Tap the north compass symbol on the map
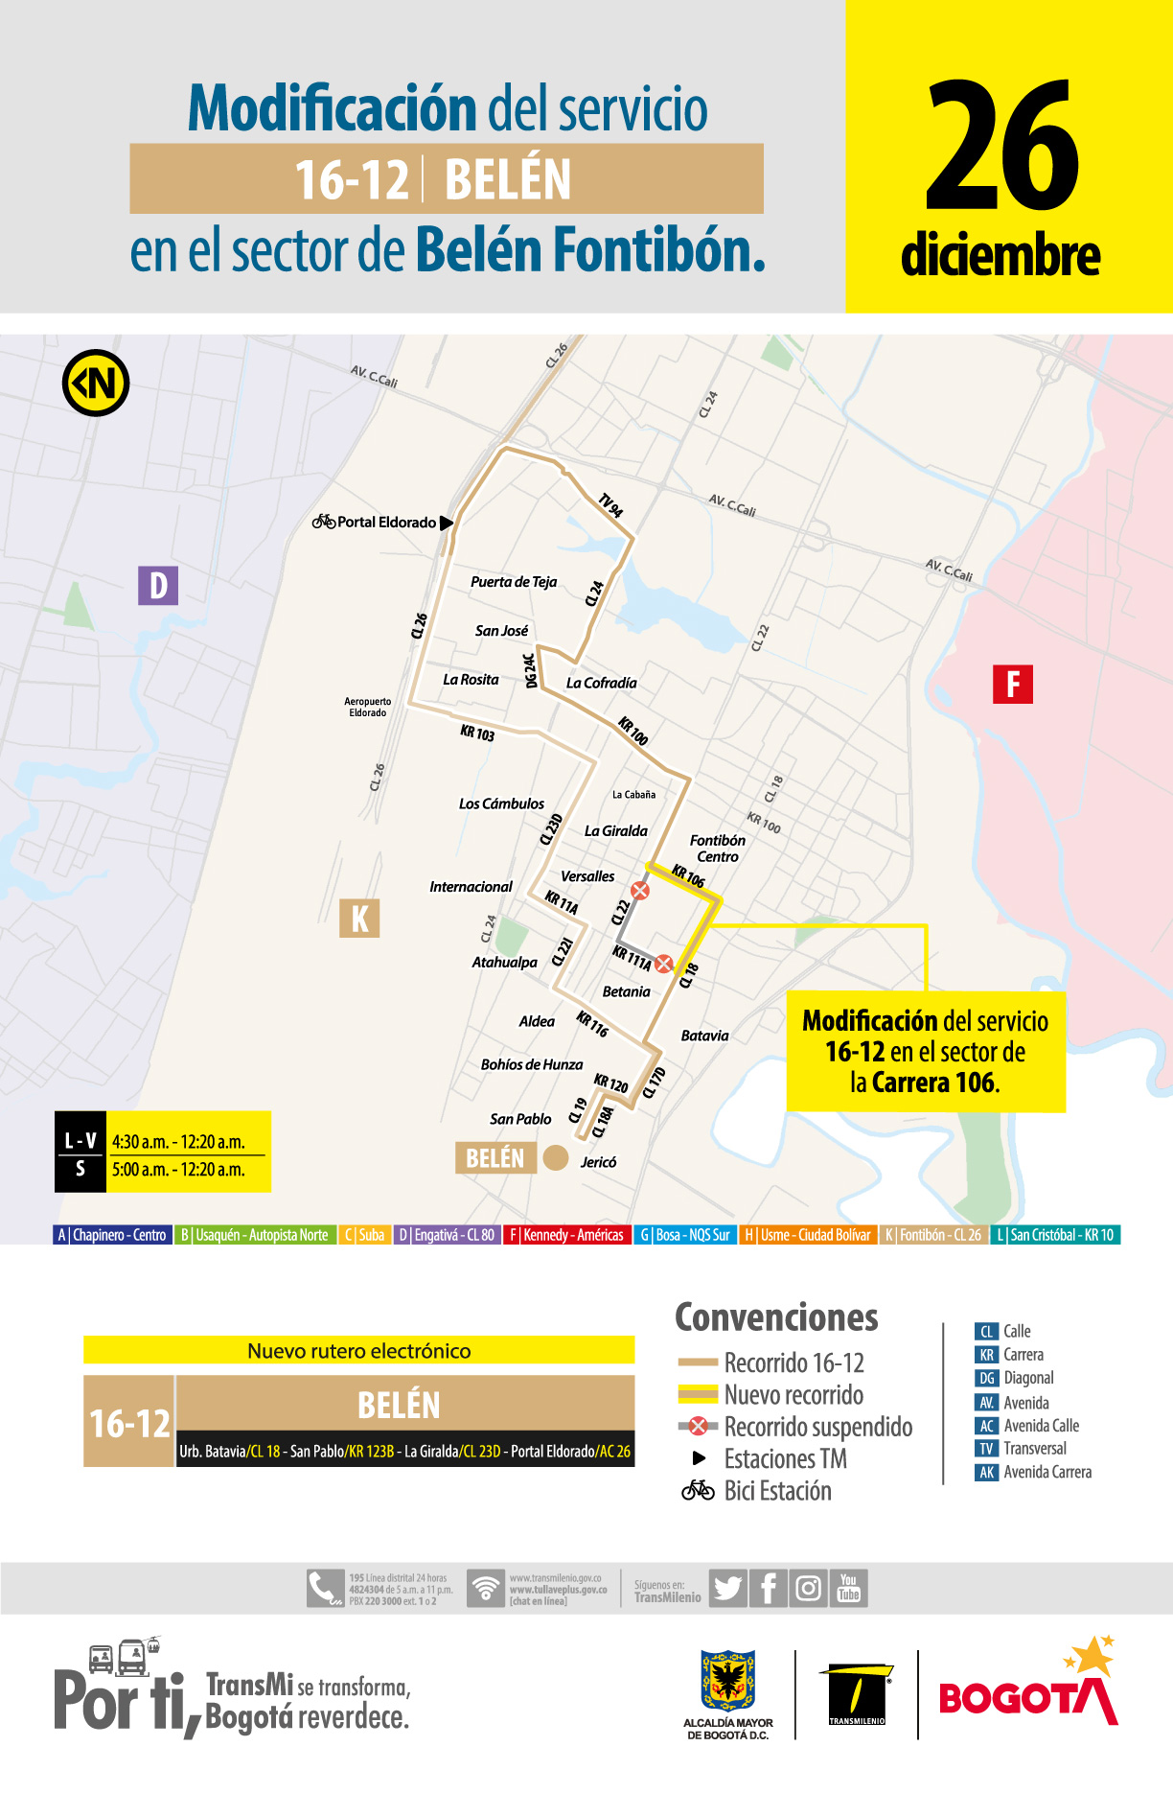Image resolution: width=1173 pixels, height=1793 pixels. [x=96, y=384]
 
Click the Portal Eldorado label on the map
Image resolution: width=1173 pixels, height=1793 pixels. [x=386, y=523]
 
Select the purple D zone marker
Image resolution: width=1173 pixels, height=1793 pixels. [x=158, y=585]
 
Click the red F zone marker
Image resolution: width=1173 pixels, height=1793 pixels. [x=1012, y=685]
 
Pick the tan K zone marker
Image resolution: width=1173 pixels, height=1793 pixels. [x=359, y=919]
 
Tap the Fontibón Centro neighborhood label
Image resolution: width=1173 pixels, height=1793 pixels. [x=717, y=849]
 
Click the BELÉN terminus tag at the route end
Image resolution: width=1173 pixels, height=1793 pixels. [x=494, y=1158]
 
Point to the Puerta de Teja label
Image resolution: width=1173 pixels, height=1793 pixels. [x=514, y=582]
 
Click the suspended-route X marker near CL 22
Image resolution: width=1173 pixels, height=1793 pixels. [x=640, y=891]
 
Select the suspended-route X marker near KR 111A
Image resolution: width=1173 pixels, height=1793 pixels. [x=663, y=964]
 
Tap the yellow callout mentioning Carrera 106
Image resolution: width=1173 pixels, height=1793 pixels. [x=925, y=1052]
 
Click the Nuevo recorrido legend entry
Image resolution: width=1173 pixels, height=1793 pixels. [x=793, y=1395]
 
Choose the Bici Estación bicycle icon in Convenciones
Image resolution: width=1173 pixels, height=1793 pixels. [x=698, y=1491]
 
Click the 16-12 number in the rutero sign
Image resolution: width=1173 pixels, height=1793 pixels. [x=129, y=1424]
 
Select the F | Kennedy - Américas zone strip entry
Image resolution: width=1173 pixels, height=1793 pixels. [x=566, y=1235]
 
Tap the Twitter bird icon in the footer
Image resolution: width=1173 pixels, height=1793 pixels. [x=728, y=1589]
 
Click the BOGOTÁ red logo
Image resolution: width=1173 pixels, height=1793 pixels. [x=1027, y=1698]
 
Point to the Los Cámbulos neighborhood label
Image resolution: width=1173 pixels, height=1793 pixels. [x=501, y=803]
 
